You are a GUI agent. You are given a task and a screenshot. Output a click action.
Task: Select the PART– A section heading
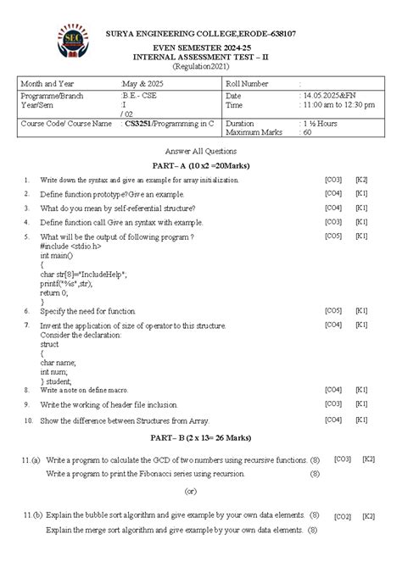[x=200, y=164]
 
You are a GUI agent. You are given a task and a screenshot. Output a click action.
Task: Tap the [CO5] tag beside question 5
[x=332, y=235]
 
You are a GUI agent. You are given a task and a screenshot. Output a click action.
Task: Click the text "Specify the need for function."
[x=88, y=311]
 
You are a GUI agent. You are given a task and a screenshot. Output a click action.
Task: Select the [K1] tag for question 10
[x=361, y=419]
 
